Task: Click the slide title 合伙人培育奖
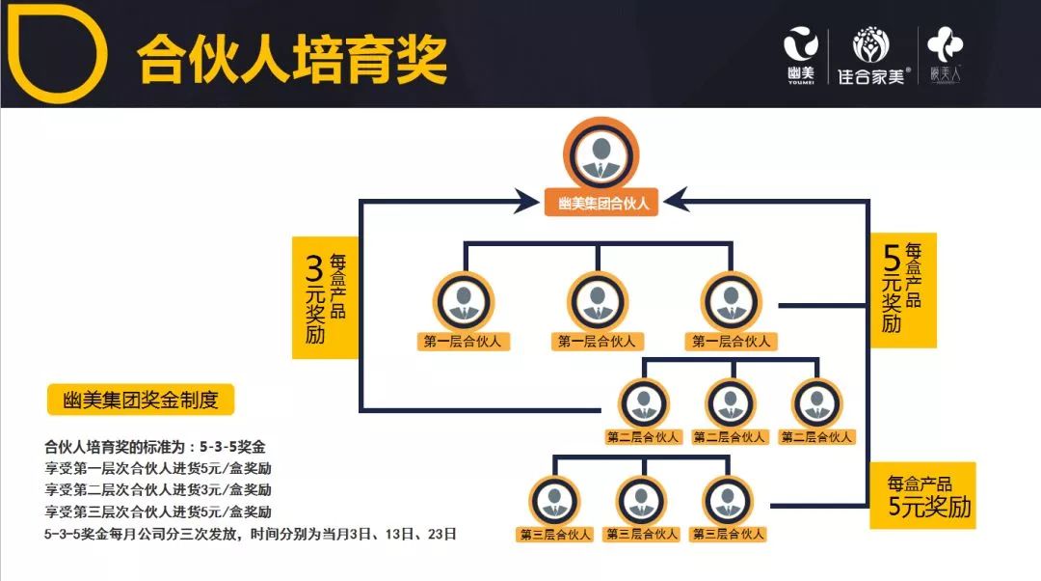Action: (x=291, y=59)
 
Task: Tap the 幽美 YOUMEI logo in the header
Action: (x=799, y=53)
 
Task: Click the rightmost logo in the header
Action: (x=946, y=53)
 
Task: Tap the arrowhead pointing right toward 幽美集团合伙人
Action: (x=525, y=202)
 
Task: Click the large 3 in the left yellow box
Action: (x=313, y=267)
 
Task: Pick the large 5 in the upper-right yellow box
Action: (x=893, y=258)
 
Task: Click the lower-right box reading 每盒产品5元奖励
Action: (x=921, y=495)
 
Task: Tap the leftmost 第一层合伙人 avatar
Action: (x=464, y=302)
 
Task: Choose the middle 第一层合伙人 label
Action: (x=598, y=341)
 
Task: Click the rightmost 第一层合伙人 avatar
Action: (x=732, y=302)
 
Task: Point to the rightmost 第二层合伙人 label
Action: (x=817, y=436)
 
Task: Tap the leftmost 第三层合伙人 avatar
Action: (x=554, y=500)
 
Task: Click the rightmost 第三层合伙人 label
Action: (x=728, y=534)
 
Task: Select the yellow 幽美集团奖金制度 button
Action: (x=141, y=400)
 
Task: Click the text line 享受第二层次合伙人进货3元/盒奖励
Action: (x=158, y=489)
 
